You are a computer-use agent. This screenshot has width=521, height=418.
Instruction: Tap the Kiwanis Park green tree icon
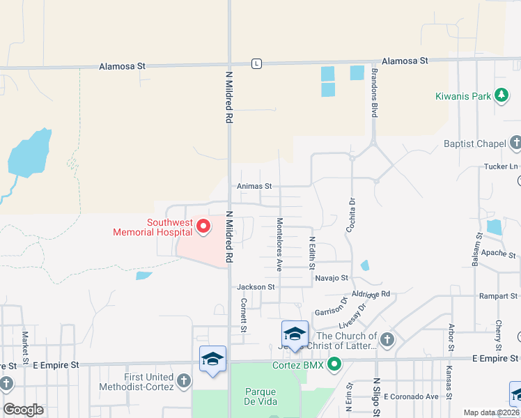(x=501, y=96)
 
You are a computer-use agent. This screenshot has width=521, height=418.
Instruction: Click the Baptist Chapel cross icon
(x=515, y=144)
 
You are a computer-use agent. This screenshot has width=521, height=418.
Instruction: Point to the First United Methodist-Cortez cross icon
(x=183, y=380)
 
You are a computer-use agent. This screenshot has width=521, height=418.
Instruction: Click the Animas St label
(x=254, y=186)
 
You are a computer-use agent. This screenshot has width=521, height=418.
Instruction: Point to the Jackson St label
(x=256, y=286)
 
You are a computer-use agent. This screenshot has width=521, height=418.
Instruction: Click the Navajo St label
(x=331, y=278)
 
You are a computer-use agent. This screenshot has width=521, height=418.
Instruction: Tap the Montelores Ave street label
(x=279, y=244)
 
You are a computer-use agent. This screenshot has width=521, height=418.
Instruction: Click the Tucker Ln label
(x=501, y=167)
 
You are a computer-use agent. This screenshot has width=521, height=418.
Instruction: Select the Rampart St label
(x=497, y=296)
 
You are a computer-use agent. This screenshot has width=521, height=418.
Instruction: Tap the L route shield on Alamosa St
(x=257, y=63)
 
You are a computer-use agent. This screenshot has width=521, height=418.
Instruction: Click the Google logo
(x=23, y=410)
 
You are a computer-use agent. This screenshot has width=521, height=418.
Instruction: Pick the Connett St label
(x=244, y=315)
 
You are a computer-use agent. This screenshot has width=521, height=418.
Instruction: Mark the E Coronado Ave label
(x=411, y=396)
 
